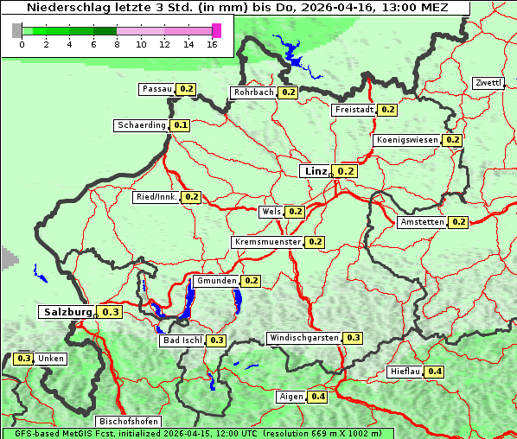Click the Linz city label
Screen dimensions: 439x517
coord(315,171)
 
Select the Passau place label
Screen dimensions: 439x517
coord(156,89)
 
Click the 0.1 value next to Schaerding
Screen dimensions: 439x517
coord(180,125)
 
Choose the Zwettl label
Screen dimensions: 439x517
coord(488,83)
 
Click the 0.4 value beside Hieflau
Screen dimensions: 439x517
coord(435,372)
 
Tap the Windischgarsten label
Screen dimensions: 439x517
coord(303,337)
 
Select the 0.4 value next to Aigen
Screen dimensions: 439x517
coord(317,397)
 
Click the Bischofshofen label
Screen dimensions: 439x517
coord(129,421)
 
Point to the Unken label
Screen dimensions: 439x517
coord(50,359)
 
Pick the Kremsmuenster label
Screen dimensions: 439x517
coord(267,242)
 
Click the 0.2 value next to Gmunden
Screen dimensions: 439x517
coord(251,281)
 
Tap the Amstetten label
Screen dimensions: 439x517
coord(422,222)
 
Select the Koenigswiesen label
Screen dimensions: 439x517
coord(406,140)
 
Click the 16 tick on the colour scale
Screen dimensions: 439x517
coord(212,44)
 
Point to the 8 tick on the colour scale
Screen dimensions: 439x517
coord(117,44)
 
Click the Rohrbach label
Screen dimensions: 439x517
coord(252,92)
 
